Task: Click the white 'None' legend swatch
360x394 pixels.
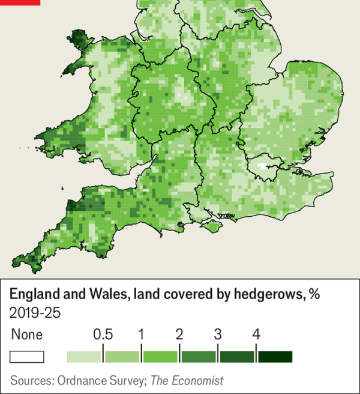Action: click(x=27, y=357)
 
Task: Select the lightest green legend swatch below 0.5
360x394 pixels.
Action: click(x=85, y=357)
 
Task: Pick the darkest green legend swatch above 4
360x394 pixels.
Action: click(x=275, y=357)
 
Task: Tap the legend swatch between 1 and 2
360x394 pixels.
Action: click(x=160, y=357)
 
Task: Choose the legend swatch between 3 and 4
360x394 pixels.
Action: click(x=237, y=357)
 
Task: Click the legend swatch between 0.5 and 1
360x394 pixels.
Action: click(x=122, y=357)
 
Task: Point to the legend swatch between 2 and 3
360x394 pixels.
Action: click(x=199, y=357)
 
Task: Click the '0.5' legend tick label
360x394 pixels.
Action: click(x=103, y=335)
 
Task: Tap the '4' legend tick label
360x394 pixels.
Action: click(x=256, y=335)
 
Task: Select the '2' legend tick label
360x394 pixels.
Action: click(x=179, y=335)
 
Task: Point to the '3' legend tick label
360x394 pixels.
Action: click(x=218, y=335)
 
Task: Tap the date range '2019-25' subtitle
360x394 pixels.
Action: click(x=35, y=313)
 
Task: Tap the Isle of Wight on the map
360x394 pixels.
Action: click(x=211, y=226)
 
